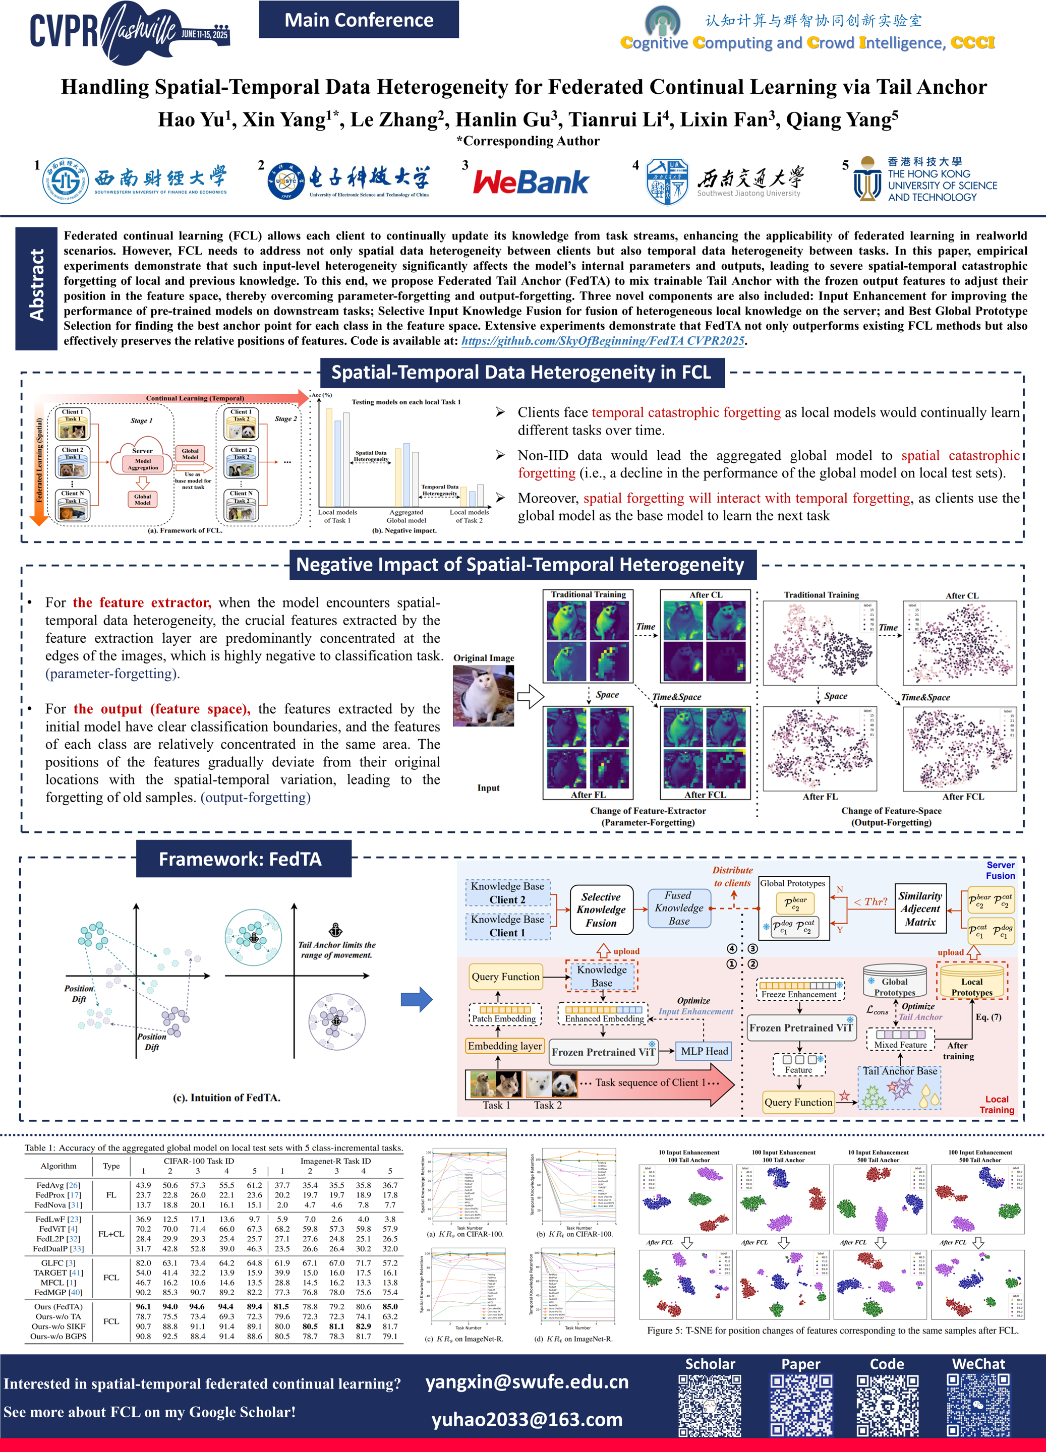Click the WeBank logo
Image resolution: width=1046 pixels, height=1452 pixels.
(531, 182)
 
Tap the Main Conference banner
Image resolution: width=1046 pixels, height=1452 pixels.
(359, 20)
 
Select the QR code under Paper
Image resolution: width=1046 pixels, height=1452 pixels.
(801, 1405)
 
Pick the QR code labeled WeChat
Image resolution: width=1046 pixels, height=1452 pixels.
(978, 1405)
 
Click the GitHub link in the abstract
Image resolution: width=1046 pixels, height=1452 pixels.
(603, 341)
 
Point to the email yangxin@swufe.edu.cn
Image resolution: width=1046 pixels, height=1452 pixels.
(527, 1381)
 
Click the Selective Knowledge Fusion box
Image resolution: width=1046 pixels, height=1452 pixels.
(601, 910)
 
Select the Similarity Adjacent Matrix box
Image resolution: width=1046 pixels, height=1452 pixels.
(920, 909)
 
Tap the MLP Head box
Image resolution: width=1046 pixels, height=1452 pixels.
(704, 1051)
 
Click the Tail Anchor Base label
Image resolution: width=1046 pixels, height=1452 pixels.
(899, 1071)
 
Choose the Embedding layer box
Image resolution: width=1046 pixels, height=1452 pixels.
(505, 1046)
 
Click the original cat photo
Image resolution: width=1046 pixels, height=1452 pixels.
(484, 695)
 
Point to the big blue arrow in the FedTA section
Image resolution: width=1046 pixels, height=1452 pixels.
(417, 999)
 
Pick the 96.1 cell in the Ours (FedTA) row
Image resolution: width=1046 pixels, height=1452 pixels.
(143, 1306)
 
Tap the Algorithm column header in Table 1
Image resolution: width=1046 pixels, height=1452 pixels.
(59, 1166)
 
